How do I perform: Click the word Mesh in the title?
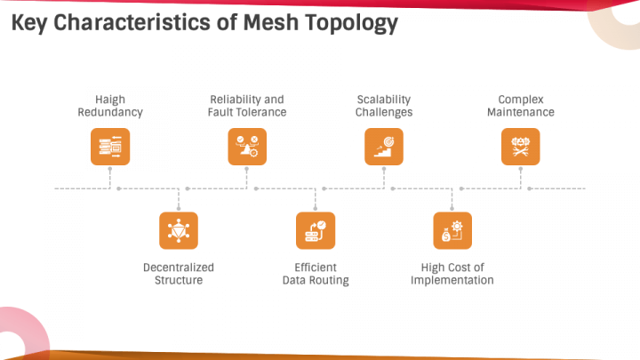click(271, 22)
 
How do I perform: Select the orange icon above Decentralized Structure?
click(179, 230)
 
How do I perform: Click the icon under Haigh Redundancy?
click(110, 147)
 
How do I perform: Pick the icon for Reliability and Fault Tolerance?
click(247, 147)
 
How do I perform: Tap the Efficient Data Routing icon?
click(316, 230)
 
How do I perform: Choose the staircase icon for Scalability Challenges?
click(384, 147)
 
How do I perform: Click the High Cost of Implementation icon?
click(452, 230)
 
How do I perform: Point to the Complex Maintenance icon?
click(520, 147)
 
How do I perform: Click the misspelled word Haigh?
click(110, 100)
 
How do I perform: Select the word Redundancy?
click(110, 113)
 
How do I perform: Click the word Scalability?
click(384, 100)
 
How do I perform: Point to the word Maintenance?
click(521, 112)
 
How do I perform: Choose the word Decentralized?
click(179, 268)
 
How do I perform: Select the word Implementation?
click(452, 280)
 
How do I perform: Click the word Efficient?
click(316, 268)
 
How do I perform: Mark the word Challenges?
click(384, 113)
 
